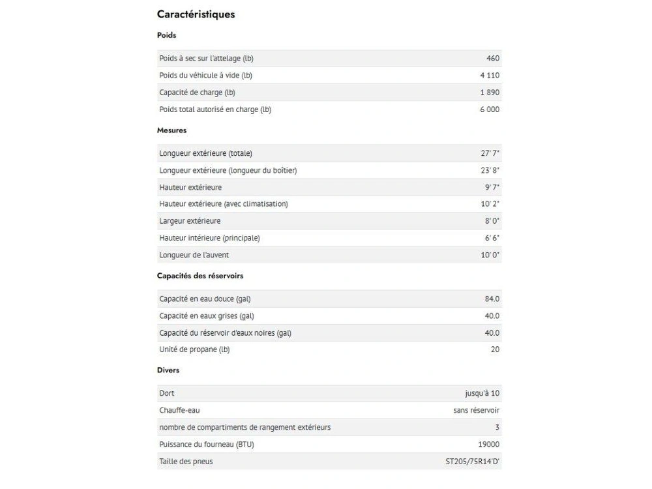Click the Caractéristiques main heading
(x=196, y=14)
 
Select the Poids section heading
(x=166, y=35)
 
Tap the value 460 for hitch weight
(x=493, y=59)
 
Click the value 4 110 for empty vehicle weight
(x=490, y=76)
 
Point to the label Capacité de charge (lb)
(x=197, y=93)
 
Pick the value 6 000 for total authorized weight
(x=490, y=110)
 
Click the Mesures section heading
(x=171, y=130)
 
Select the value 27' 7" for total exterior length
(x=490, y=153)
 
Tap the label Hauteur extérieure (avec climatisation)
(x=224, y=204)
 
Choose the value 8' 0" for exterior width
(x=492, y=221)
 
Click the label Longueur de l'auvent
(x=194, y=255)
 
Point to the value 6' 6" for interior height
(x=492, y=238)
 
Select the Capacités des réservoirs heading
(x=200, y=276)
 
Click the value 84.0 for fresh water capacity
(x=492, y=299)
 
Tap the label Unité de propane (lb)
(x=194, y=349)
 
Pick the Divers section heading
(x=168, y=370)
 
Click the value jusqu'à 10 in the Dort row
(x=482, y=394)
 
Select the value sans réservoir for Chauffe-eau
(x=477, y=411)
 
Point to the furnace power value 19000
(x=488, y=445)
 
